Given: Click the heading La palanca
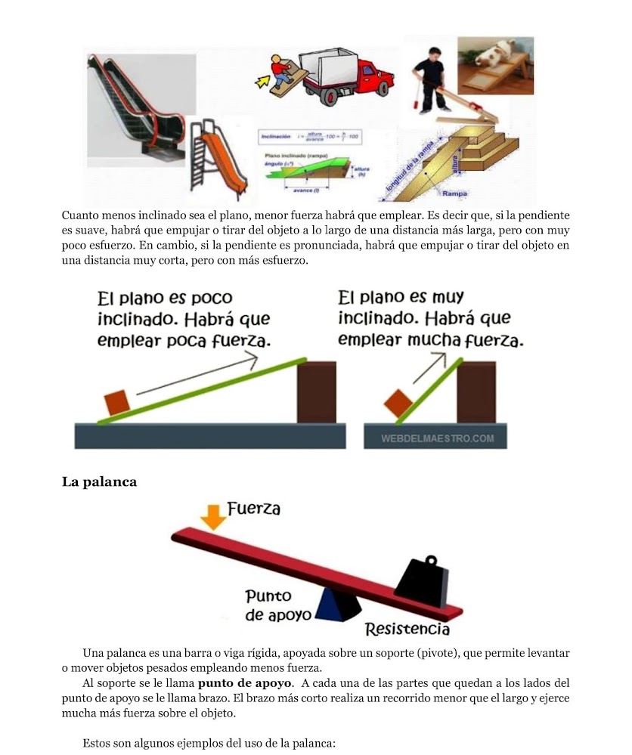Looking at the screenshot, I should (x=99, y=481).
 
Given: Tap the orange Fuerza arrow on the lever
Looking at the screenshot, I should (x=214, y=516).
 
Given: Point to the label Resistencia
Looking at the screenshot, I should (x=407, y=629).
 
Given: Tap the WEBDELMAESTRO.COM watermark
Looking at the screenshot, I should (x=438, y=438).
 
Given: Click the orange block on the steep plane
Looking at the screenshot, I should (x=396, y=403).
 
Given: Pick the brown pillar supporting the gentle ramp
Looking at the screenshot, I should (x=317, y=391).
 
